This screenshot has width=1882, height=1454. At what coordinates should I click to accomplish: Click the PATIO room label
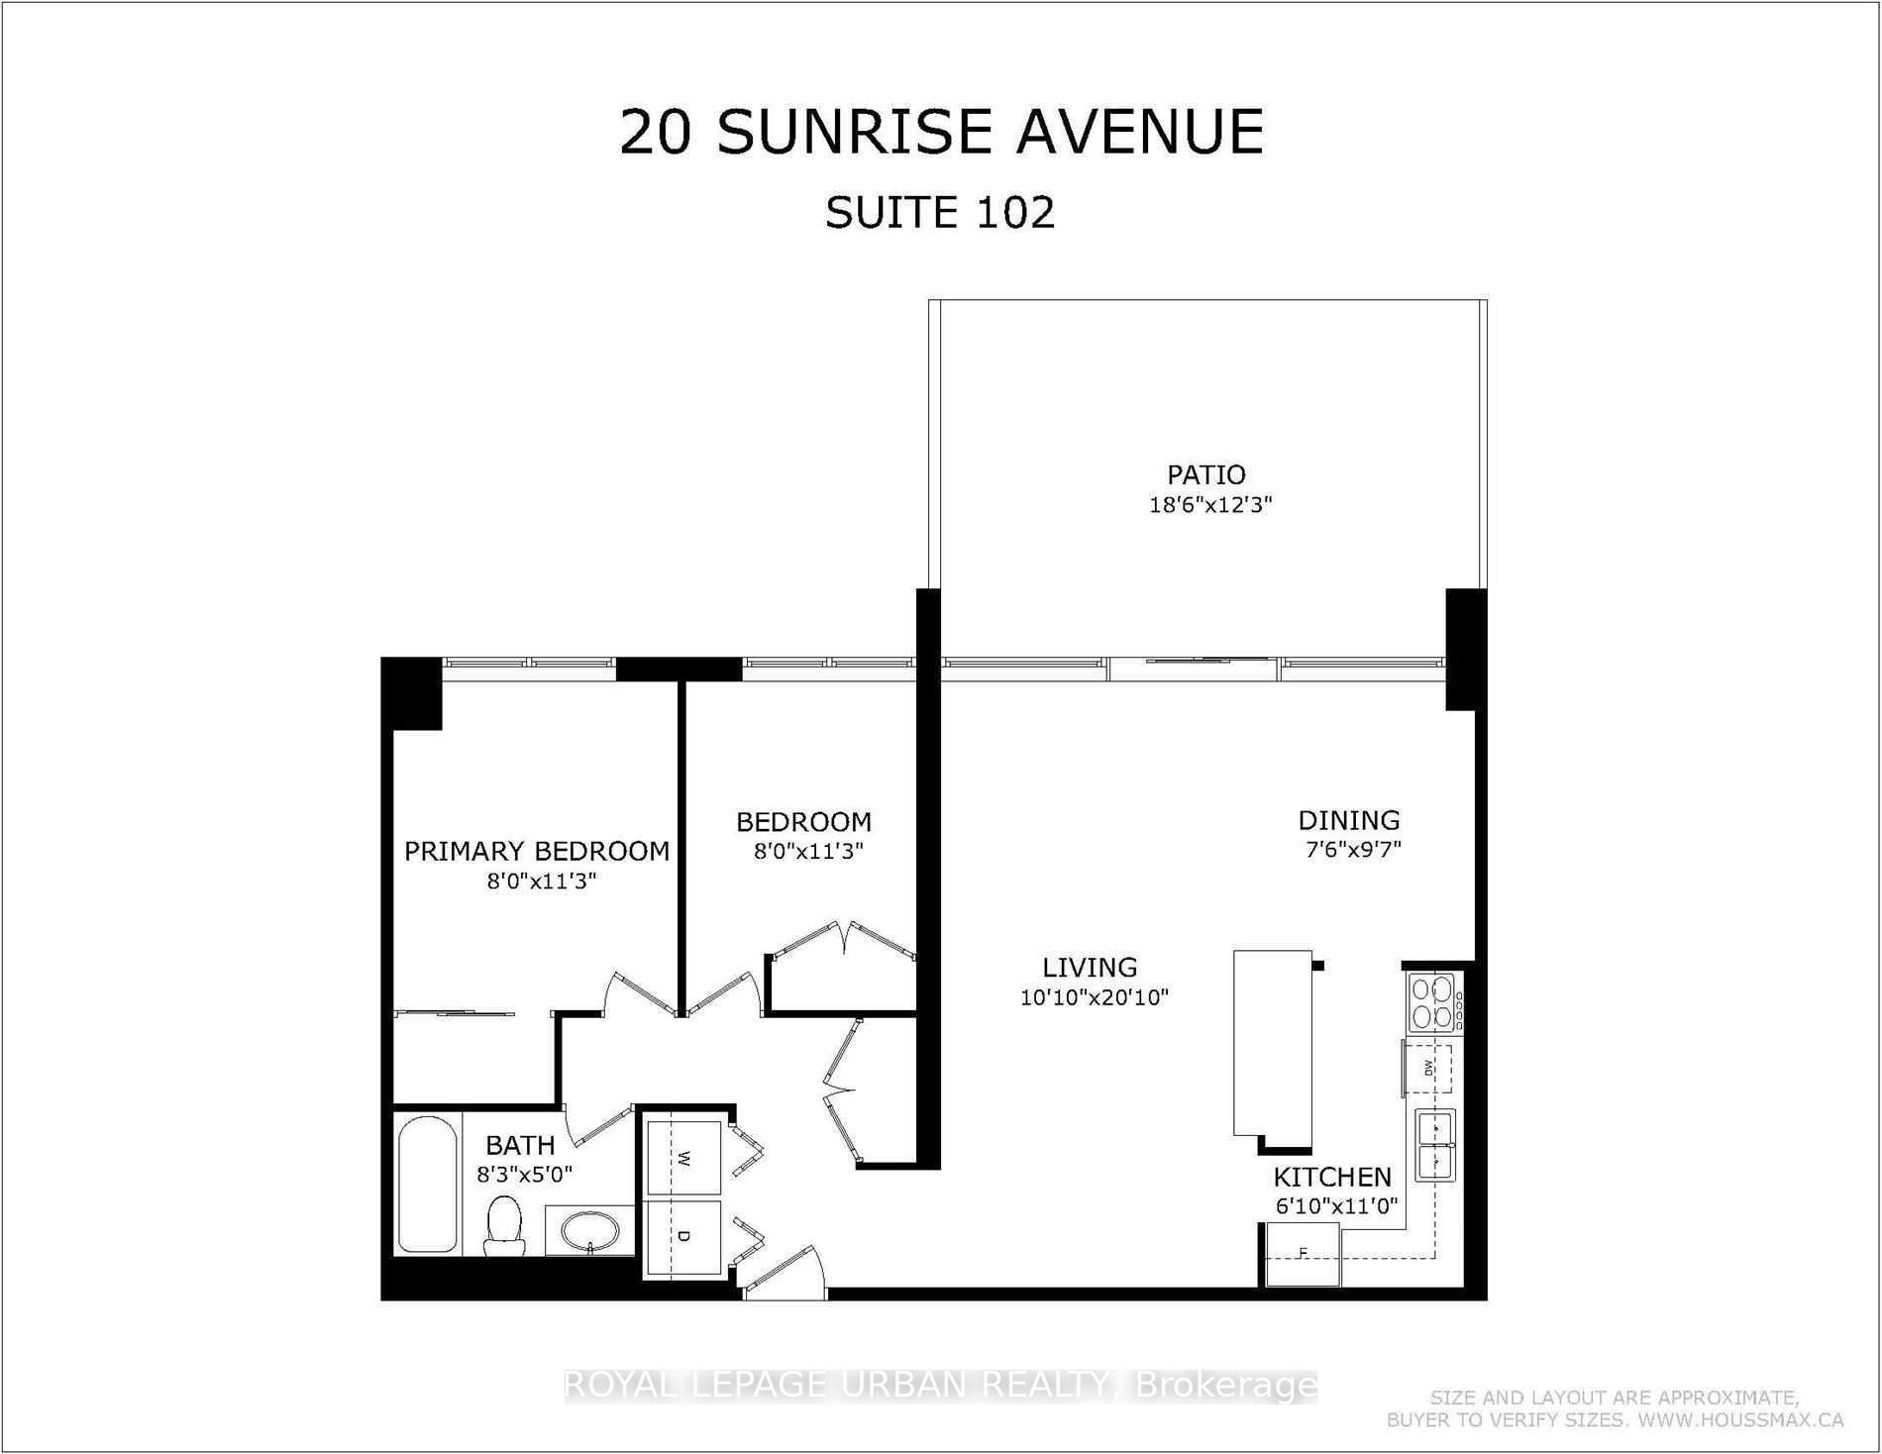point(1205,474)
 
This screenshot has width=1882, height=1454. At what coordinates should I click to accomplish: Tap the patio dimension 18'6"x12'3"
point(1209,505)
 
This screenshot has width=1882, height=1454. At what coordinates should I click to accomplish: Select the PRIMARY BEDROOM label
point(537,851)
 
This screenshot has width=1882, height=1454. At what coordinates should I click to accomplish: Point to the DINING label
point(1349,820)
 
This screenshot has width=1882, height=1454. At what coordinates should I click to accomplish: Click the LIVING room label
point(1090,967)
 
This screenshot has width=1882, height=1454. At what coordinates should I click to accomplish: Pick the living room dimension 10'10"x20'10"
point(1095,997)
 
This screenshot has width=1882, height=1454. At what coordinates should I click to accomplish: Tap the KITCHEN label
point(1332,1177)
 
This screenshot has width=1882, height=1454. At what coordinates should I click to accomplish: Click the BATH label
point(520,1146)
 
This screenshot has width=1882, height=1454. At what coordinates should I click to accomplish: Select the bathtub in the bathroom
point(427,1185)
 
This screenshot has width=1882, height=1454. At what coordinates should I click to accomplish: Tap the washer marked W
point(683,1157)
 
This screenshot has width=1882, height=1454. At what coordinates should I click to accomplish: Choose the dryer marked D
point(683,1237)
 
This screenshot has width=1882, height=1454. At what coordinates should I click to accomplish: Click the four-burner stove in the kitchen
point(1432,1002)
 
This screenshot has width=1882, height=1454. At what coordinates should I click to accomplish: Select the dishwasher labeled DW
point(1428,1068)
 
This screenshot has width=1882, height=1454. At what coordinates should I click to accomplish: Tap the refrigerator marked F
point(1304,1254)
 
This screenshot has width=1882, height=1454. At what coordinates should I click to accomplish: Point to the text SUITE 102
point(940,213)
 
